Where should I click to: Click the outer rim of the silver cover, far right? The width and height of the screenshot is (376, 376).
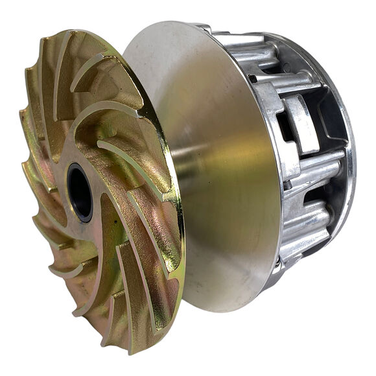pyautogui.click(x=352, y=162)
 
